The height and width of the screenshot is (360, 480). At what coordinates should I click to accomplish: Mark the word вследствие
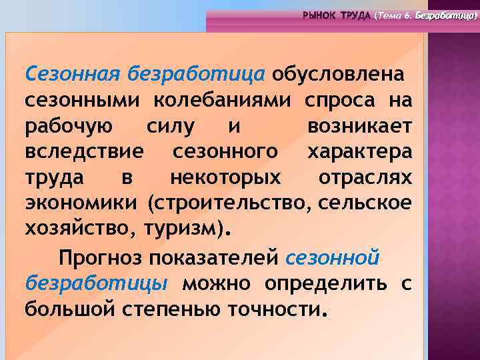84,152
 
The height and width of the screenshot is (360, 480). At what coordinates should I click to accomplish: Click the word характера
360,152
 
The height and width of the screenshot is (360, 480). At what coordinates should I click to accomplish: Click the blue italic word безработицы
96,283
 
